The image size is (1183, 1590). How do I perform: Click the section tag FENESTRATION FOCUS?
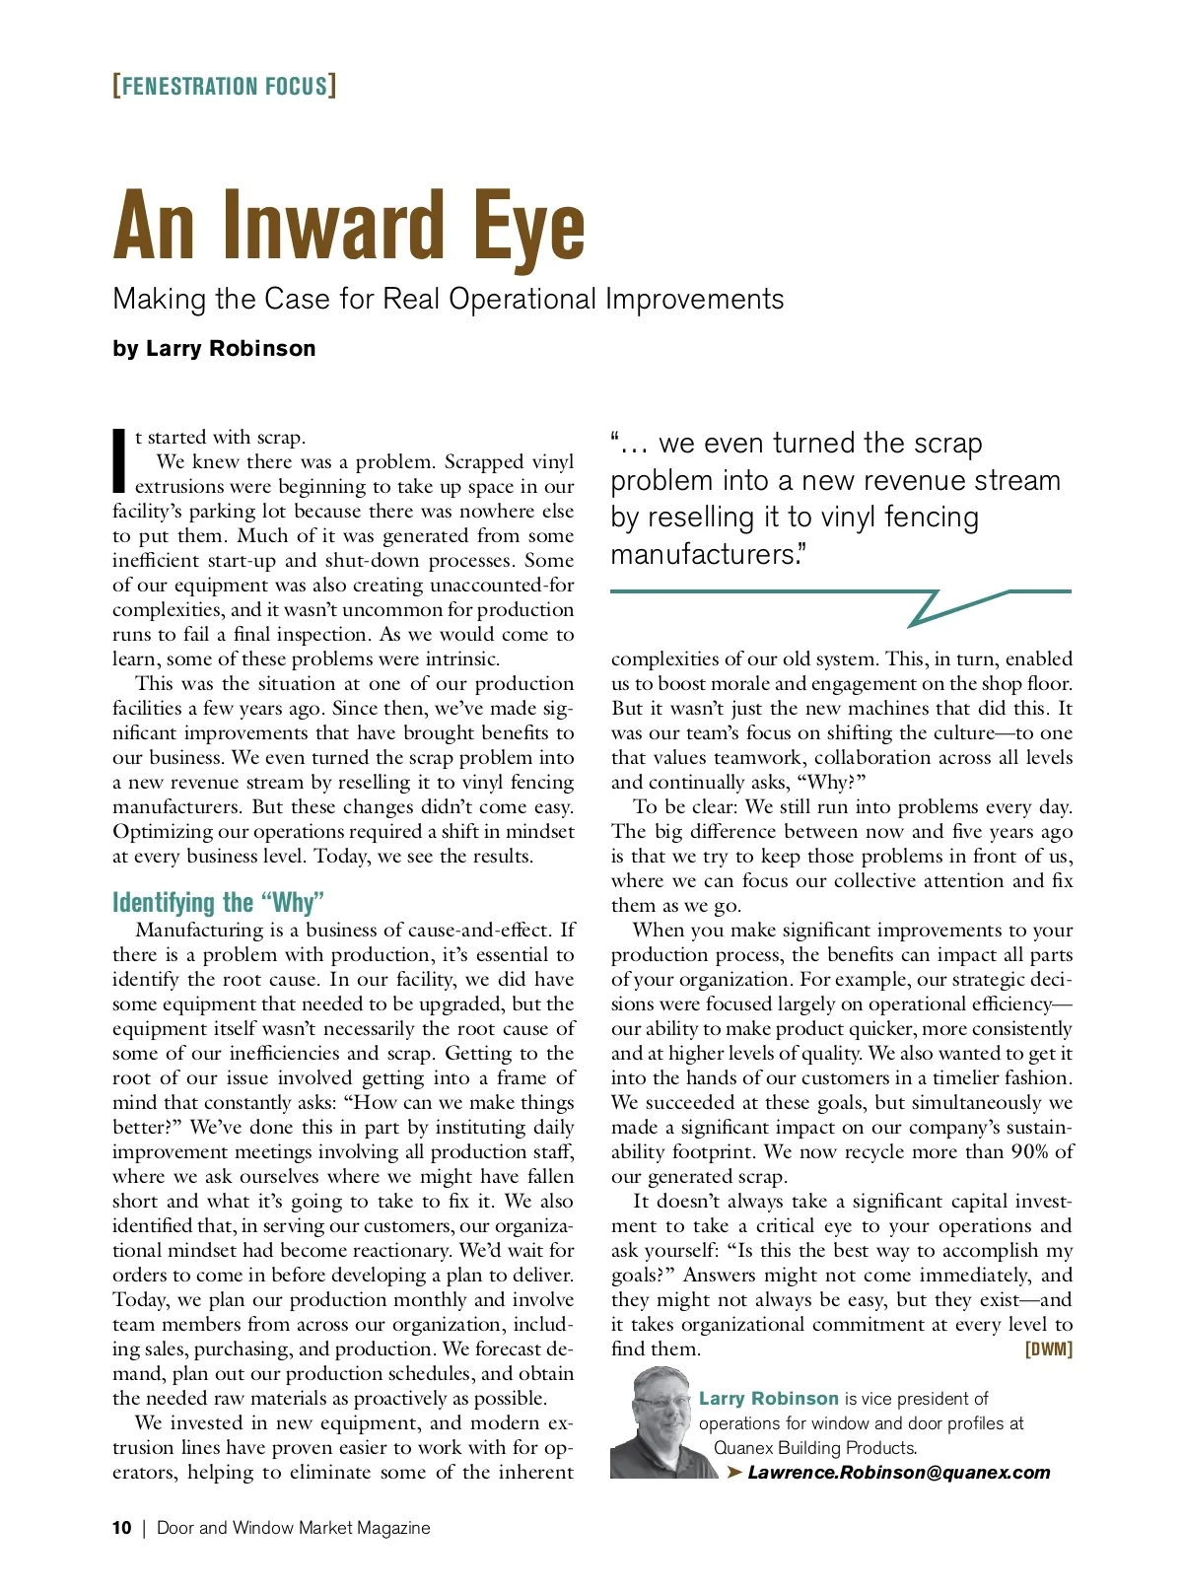pos(225,86)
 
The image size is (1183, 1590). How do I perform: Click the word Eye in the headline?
pos(528,228)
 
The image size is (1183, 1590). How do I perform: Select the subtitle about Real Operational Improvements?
pos(449,299)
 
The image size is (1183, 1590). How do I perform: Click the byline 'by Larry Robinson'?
pos(214,348)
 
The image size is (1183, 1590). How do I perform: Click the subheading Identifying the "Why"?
pos(218,902)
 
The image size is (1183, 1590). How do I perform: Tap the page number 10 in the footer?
pos(121,1528)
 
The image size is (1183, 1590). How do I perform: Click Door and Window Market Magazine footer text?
pos(294,1528)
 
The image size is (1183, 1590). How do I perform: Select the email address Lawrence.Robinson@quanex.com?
pos(898,1473)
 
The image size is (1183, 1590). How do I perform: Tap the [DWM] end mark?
pos(1049,1349)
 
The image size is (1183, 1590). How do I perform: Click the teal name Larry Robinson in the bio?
pos(768,1399)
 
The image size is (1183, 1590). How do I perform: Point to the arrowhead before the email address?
pos(734,1473)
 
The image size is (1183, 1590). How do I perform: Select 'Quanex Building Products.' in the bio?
pos(815,1448)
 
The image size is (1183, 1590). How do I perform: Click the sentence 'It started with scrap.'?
pos(221,438)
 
